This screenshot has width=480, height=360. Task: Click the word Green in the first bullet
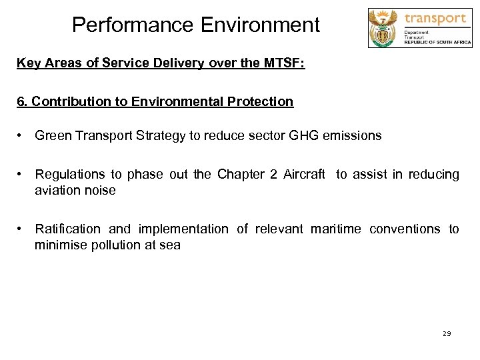click(53, 136)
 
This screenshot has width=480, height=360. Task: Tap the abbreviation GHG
click(303, 136)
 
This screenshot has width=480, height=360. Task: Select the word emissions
click(353, 136)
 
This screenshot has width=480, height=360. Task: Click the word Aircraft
click(304, 175)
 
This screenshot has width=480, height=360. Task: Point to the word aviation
click(58, 191)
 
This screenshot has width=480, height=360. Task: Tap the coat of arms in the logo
click(384, 28)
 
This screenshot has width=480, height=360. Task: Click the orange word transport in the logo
click(435, 18)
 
